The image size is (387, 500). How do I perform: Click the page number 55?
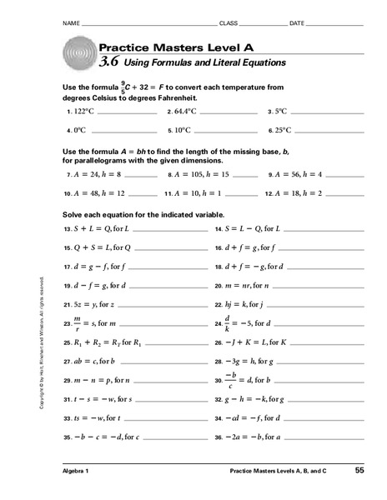click(x=359, y=472)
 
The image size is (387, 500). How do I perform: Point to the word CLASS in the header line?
click(x=228, y=23)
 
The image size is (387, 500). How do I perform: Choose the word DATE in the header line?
click(x=297, y=23)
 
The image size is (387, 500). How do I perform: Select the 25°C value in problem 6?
click(x=284, y=130)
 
